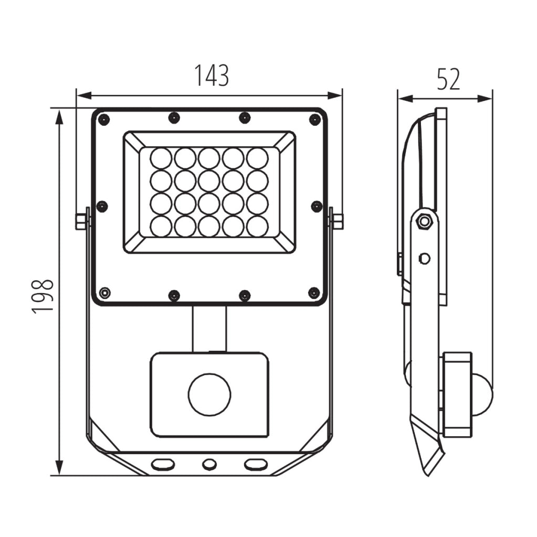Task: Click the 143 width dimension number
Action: pos(212,76)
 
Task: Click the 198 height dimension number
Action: pos(43,296)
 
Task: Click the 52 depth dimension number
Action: pos(448,80)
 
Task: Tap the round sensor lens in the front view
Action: pos(209,394)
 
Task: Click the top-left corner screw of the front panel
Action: pos(103,120)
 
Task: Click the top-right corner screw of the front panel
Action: pos(315,120)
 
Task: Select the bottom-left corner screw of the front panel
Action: pos(104,293)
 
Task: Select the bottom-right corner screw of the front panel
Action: pos(314,293)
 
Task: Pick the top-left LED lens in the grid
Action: pos(161,159)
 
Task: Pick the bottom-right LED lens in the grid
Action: pos(258,227)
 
